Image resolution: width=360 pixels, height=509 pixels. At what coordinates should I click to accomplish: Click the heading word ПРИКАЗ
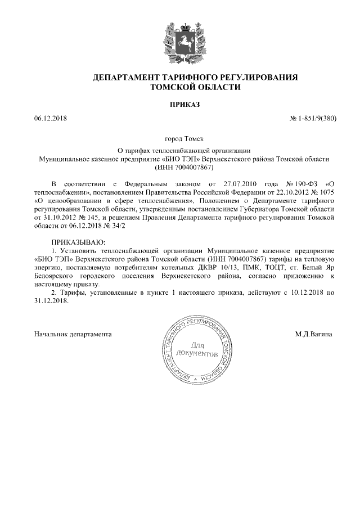(180, 105)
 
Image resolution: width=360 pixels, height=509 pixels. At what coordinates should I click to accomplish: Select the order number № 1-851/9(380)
(312, 119)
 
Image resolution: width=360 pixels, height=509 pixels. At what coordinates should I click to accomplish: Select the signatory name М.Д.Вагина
(313, 334)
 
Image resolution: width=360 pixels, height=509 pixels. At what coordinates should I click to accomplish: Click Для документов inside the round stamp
(196, 349)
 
